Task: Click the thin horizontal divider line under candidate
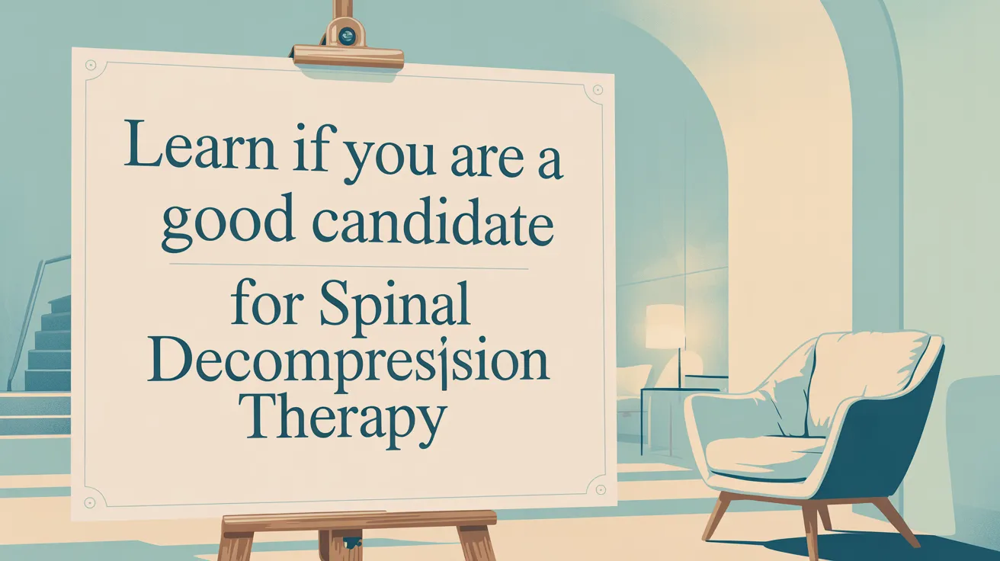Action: coord(348,267)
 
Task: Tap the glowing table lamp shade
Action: coord(665,325)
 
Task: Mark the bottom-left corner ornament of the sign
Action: coord(92,502)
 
